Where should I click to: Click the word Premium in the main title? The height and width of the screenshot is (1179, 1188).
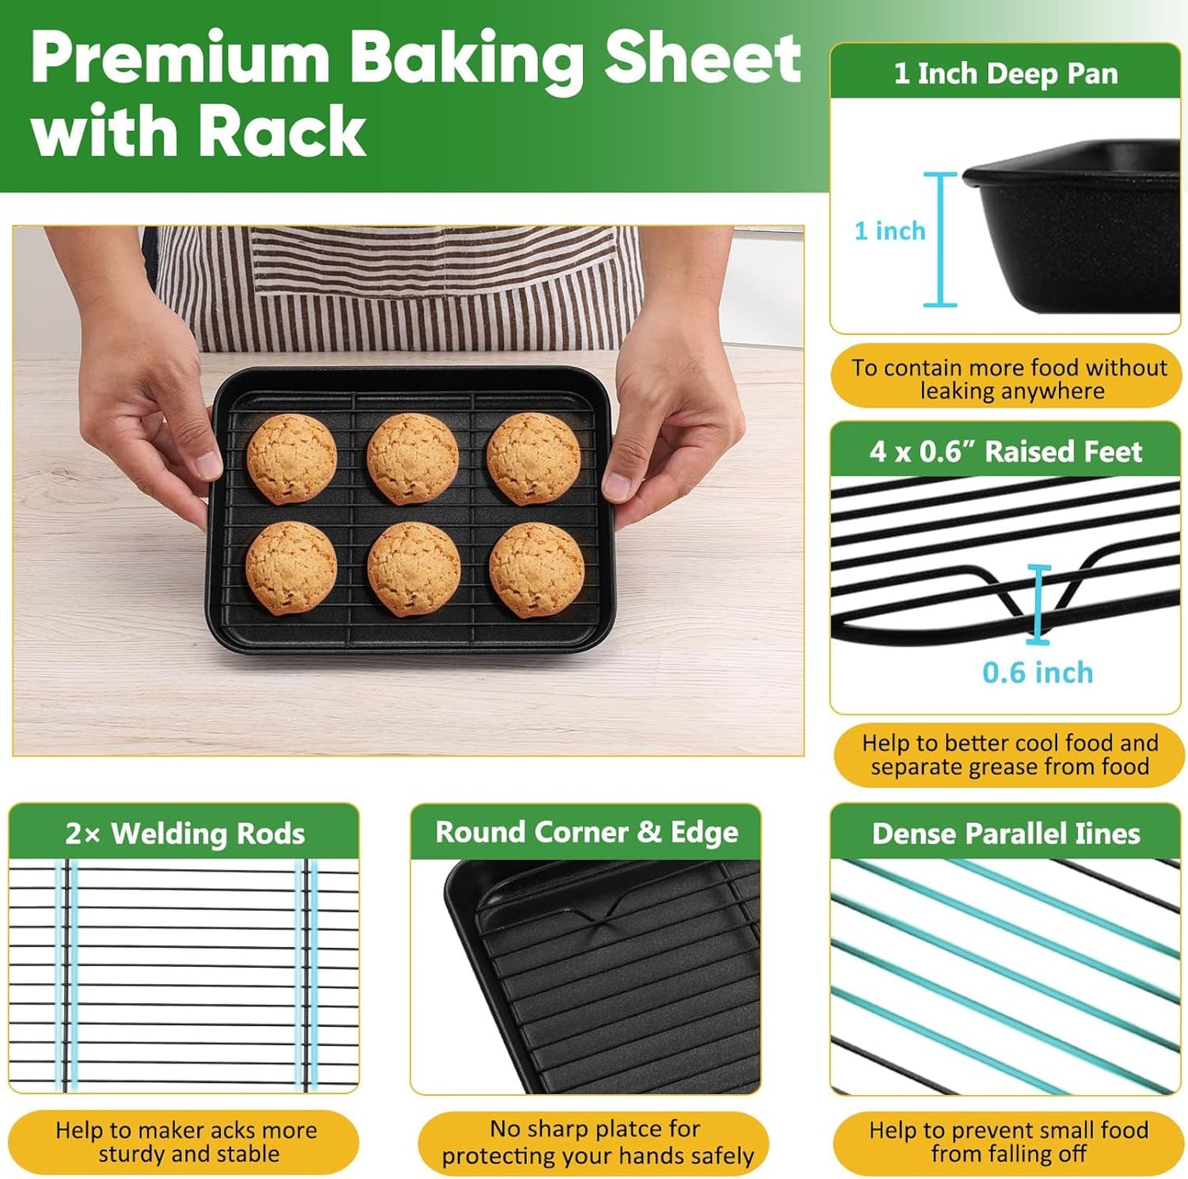[180, 60]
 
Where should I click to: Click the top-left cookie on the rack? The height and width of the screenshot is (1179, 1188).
[292, 458]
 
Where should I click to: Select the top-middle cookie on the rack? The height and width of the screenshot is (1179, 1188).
[413, 458]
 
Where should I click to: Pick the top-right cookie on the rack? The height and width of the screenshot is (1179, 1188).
[534, 458]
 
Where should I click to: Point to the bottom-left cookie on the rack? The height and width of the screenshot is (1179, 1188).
[291, 567]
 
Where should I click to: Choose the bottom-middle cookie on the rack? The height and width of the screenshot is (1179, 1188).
[414, 569]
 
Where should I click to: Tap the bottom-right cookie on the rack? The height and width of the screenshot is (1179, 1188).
[536, 570]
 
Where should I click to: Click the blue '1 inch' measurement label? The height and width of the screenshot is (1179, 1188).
[890, 231]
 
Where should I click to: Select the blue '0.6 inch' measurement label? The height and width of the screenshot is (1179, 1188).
[1038, 673]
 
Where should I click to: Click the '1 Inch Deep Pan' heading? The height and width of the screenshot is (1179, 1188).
[1005, 74]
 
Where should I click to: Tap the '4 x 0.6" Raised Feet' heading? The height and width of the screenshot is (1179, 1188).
[1005, 451]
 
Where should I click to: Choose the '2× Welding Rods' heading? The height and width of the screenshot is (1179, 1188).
[185, 834]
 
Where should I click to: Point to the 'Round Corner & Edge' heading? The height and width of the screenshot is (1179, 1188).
[586, 832]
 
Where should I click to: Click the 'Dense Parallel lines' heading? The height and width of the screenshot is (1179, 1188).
[1005, 834]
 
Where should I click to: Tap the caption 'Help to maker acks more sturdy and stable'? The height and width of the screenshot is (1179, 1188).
[187, 1142]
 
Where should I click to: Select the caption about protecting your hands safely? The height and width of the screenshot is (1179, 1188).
[597, 1143]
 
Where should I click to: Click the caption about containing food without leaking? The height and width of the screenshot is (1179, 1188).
[1009, 379]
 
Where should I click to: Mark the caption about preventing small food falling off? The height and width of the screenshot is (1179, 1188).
[1009, 1142]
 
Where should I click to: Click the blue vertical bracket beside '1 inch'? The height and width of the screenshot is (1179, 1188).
[941, 239]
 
